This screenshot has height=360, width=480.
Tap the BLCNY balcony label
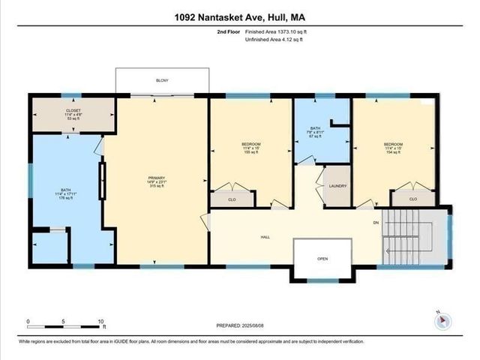click(x=162, y=80)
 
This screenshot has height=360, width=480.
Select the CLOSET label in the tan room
click(x=73, y=110)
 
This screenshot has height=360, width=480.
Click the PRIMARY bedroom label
click(x=156, y=178)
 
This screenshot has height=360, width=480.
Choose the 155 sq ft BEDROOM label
click(x=250, y=144)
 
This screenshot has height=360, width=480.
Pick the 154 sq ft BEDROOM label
click(x=393, y=144)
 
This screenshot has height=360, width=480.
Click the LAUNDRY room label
click(x=337, y=185)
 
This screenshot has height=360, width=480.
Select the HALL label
click(x=265, y=237)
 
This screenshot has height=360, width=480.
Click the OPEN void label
click(x=322, y=259)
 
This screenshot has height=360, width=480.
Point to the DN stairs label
click(x=376, y=223)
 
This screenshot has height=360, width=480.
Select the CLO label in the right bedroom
click(x=414, y=199)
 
